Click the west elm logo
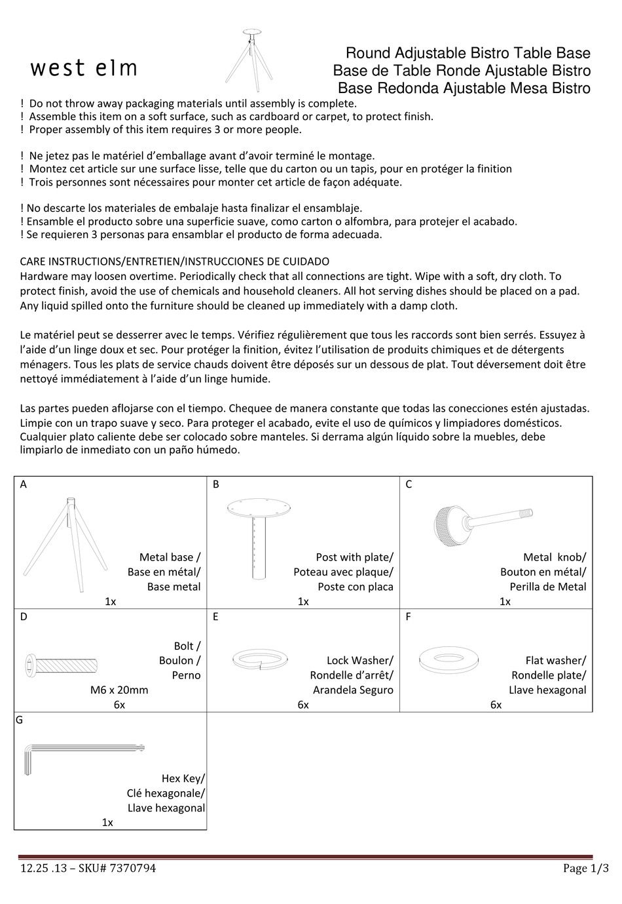click(x=84, y=68)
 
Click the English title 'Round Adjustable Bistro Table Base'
click(x=467, y=53)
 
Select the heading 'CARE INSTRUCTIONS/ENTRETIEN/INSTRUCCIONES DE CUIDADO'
click(x=175, y=262)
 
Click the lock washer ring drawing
click(x=261, y=659)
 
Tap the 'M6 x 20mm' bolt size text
click(x=119, y=690)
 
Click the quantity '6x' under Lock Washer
click(x=303, y=705)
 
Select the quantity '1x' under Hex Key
click(x=107, y=822)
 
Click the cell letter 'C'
click(x=409, y=484)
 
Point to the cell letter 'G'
click(x=19, y=720)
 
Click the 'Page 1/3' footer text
click(x=585, y=869)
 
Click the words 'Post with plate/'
click(x=354, y=557)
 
